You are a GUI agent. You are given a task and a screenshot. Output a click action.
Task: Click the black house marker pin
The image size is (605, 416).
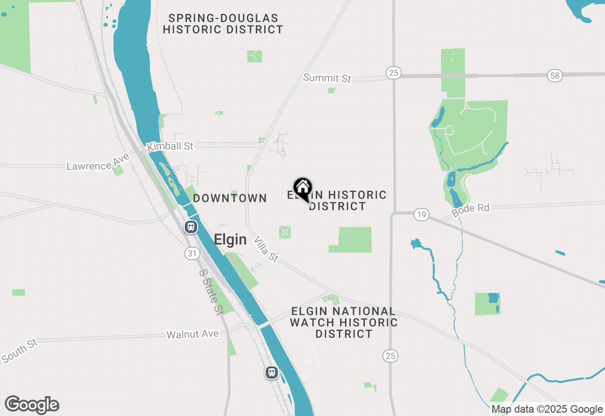click(x=302, y=189)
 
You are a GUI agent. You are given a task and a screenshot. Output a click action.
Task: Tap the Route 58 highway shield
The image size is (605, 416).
click(x=554, y=75)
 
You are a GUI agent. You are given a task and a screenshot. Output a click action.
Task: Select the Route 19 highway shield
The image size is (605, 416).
click(x=421, y=215)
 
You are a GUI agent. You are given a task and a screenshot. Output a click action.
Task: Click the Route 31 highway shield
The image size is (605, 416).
click(x=191, y=254)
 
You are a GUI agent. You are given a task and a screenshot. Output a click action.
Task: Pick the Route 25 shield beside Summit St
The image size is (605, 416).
click(x=393, y=72)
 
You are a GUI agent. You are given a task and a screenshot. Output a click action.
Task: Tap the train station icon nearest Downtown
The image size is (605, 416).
click(x=190, y=226)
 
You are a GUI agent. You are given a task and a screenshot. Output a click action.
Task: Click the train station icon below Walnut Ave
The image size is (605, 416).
click(x=271, y=373)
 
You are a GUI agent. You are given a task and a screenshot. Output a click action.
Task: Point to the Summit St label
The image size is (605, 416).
click(x=328, y=78)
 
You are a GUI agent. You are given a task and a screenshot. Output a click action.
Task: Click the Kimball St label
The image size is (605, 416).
click(x=170, y=146)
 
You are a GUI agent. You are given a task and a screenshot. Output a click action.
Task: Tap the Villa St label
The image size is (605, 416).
click(x=266, y=250)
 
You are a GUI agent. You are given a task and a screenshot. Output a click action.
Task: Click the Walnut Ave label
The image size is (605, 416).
click(x=192, y=334)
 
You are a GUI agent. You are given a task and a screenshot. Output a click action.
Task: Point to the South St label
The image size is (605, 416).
click(x=19, y=350)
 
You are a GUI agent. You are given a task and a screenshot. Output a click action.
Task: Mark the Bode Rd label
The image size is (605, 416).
click(x=470, y=210)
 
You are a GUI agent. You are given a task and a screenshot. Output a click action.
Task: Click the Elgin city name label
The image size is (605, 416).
click(x=230, y=240)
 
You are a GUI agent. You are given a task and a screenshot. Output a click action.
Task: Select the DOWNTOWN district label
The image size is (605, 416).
click(x=230, y=198)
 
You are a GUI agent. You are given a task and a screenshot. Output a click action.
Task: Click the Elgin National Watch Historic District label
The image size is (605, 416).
click(x=344, y=322)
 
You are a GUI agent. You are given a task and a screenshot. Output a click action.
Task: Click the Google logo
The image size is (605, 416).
click(x=32, y=405)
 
